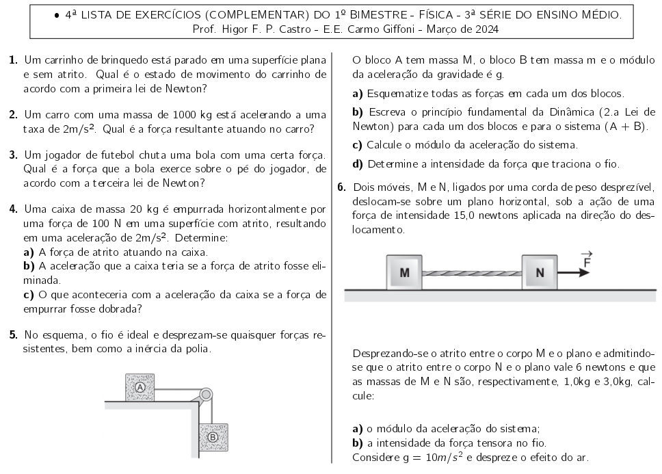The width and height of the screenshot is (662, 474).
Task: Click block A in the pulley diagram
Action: pos(140,387)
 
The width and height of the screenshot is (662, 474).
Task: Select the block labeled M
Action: pos(405,272)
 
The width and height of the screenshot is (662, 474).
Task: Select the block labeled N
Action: pos(540,272)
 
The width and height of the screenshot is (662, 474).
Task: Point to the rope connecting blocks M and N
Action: pos(472,272)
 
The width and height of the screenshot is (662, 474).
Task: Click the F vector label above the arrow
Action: pos(585,258)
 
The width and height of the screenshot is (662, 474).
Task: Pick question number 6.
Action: pos(342,187)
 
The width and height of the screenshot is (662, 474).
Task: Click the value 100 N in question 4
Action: pos(94,224)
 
